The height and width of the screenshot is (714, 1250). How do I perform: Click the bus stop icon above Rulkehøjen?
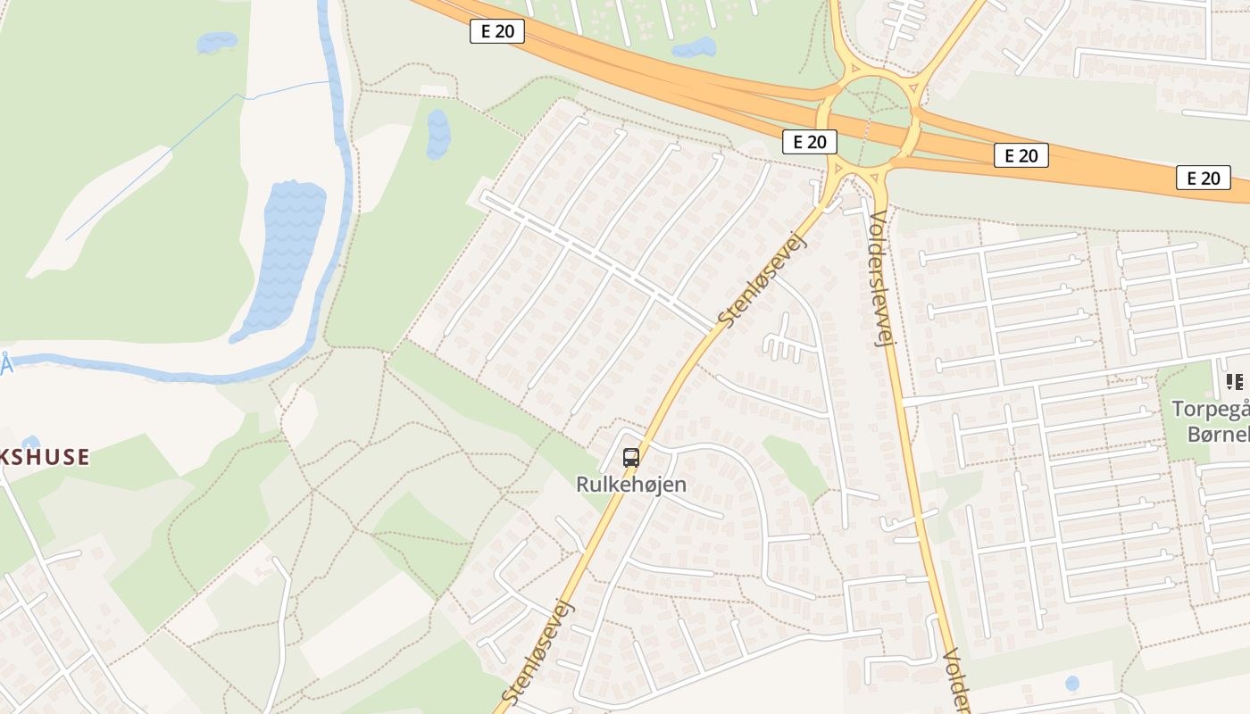pos(631,458)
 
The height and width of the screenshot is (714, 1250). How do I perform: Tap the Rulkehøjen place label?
pos(631,485)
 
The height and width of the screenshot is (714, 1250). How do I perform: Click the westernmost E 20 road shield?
pos(497,31)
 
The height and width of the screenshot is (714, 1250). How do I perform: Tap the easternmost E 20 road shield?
pos(1203,178)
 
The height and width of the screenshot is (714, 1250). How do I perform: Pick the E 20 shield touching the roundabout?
pos(810,141)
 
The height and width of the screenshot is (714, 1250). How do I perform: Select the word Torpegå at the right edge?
pos(1211,410)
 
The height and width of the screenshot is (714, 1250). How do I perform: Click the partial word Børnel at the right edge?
pos(1218,435)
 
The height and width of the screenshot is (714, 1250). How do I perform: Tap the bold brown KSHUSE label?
pos(45,457)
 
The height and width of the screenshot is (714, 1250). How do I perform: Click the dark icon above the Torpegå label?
pos(1235,382)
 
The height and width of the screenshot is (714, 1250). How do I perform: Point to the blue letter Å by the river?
pos(7,365)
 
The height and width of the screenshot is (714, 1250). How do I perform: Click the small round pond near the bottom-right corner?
pos(1071,683)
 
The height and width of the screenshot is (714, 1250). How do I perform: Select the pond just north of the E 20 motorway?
pos(695,46)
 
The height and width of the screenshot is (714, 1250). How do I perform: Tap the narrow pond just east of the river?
pos(438,134)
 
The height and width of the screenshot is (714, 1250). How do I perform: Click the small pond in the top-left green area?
pos(217,42)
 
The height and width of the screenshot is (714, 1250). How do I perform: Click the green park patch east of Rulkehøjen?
pos(795,464)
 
